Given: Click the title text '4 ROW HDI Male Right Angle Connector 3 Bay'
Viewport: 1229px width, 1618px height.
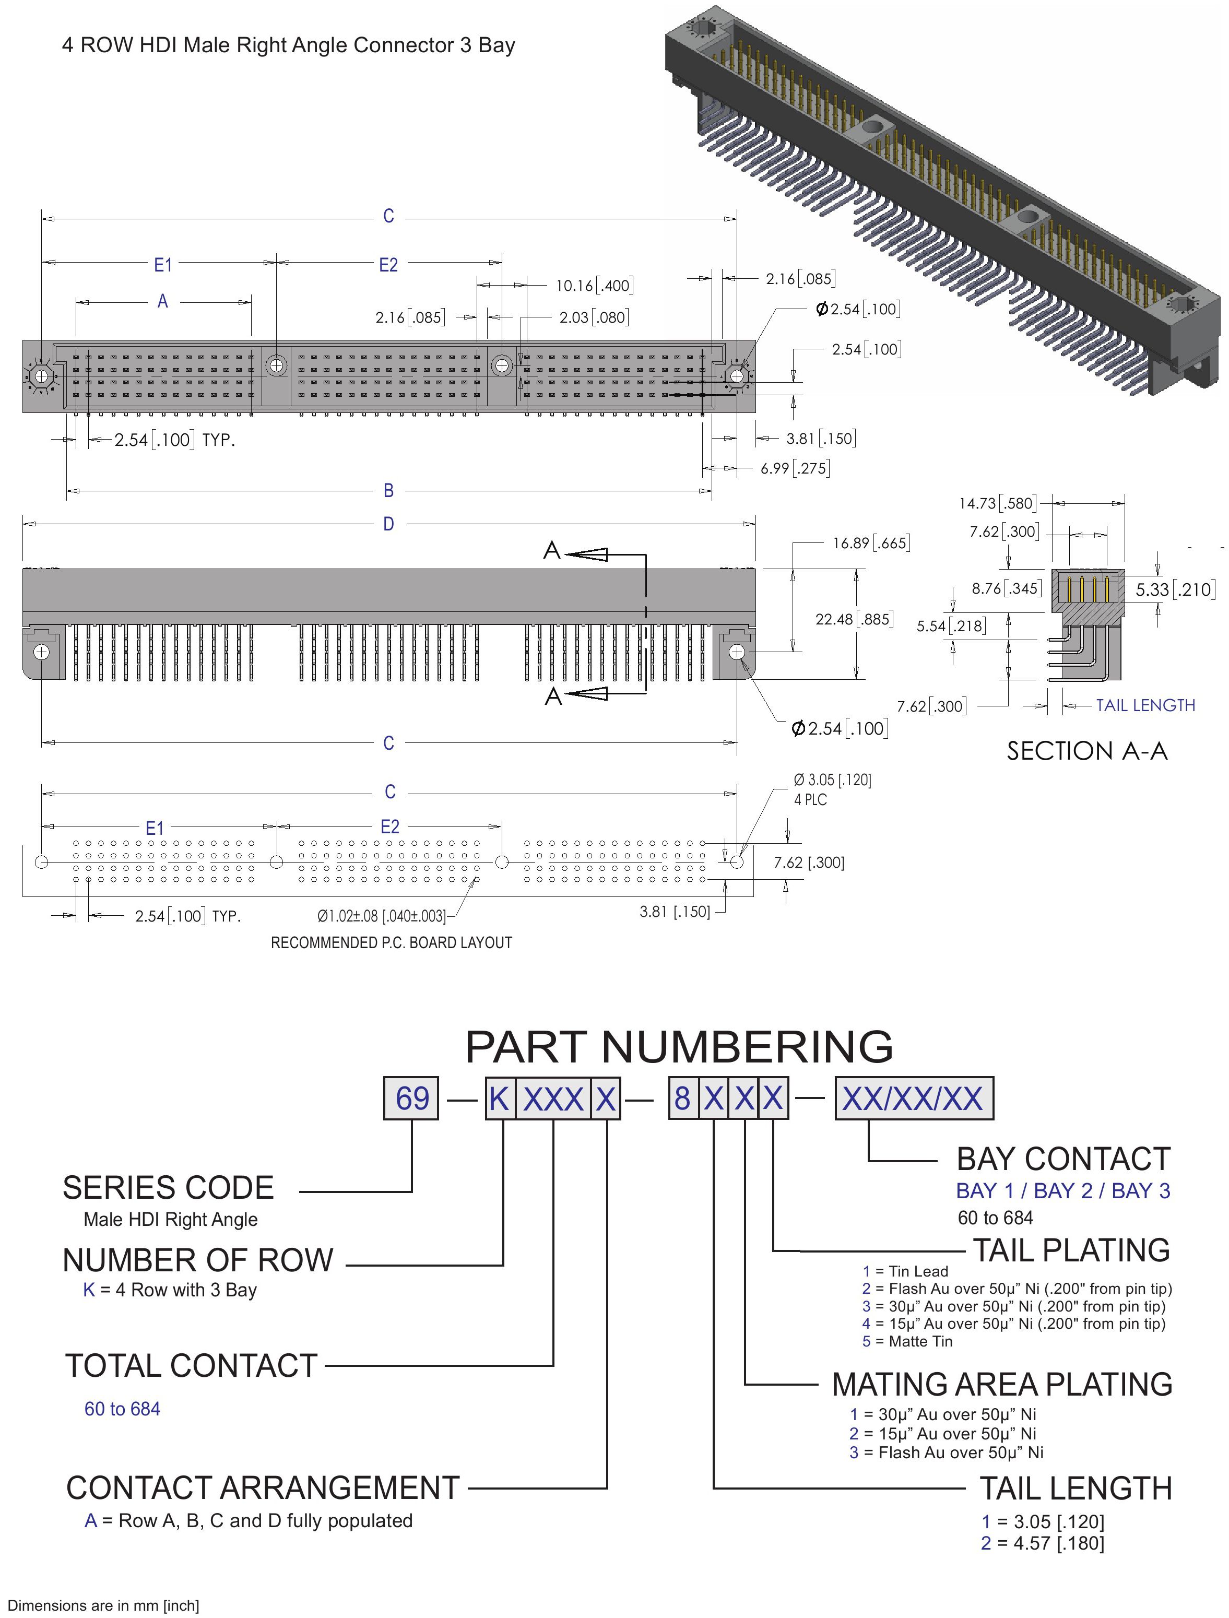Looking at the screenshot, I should pyautogui.click(x=288, y=45).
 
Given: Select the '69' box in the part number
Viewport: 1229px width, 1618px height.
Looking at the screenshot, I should pyautogui.click(x=411, y=1098).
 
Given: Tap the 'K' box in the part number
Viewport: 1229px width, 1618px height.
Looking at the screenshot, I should pyautogui.click(x=500, y=1098).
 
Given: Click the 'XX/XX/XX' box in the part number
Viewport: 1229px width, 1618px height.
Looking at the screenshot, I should pyautogui.click(x=914, y=1098).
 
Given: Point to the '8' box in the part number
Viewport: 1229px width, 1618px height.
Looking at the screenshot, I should pyautogui.click(x=682, y=1098).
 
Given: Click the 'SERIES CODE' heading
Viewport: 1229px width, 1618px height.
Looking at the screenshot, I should pyautogui.click(x=168, y=1188).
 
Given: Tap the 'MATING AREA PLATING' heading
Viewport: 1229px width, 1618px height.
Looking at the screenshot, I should pyautogui.click(x=1002, y=1385).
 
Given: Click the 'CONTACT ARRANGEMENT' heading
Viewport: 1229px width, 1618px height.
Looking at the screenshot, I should pyautogui.click(x=263, y=1489).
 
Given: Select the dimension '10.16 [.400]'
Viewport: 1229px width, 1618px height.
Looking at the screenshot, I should pyautogui.click(x=595, y=285).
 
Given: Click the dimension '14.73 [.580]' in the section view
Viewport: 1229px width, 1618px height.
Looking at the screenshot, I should pyautogui.click(x=998, y=503).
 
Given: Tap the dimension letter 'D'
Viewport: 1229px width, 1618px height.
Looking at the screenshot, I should pyautogui.click(x=388, y=524).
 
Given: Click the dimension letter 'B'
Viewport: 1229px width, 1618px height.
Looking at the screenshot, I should pyautogui.click(x=388, y=491).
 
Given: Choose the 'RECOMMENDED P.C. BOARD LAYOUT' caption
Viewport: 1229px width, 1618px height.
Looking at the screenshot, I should pyautogui.click(x=392, y=943).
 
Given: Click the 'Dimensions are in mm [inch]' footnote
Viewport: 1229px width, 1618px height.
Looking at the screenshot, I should pyautogui.click(x=103, y=1605).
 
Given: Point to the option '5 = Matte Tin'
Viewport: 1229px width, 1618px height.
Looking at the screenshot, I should pyautogui.click(x=907, y=1341).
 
